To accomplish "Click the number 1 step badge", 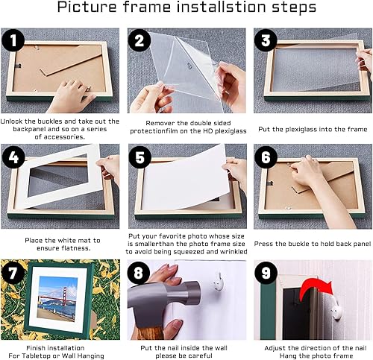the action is point(13,40).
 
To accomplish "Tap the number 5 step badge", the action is point(140,157).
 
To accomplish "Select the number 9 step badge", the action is point(266,273).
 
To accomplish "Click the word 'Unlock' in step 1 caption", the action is point(12,121).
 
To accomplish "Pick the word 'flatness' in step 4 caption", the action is point(75,248).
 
